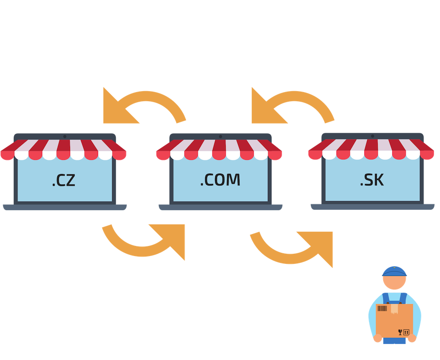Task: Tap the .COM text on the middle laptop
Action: click(x=220, y=180)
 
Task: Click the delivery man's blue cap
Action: click(x=394, y=271)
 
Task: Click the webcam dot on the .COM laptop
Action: click(x=221, y=136)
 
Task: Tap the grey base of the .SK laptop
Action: click(x=372, y=207)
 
